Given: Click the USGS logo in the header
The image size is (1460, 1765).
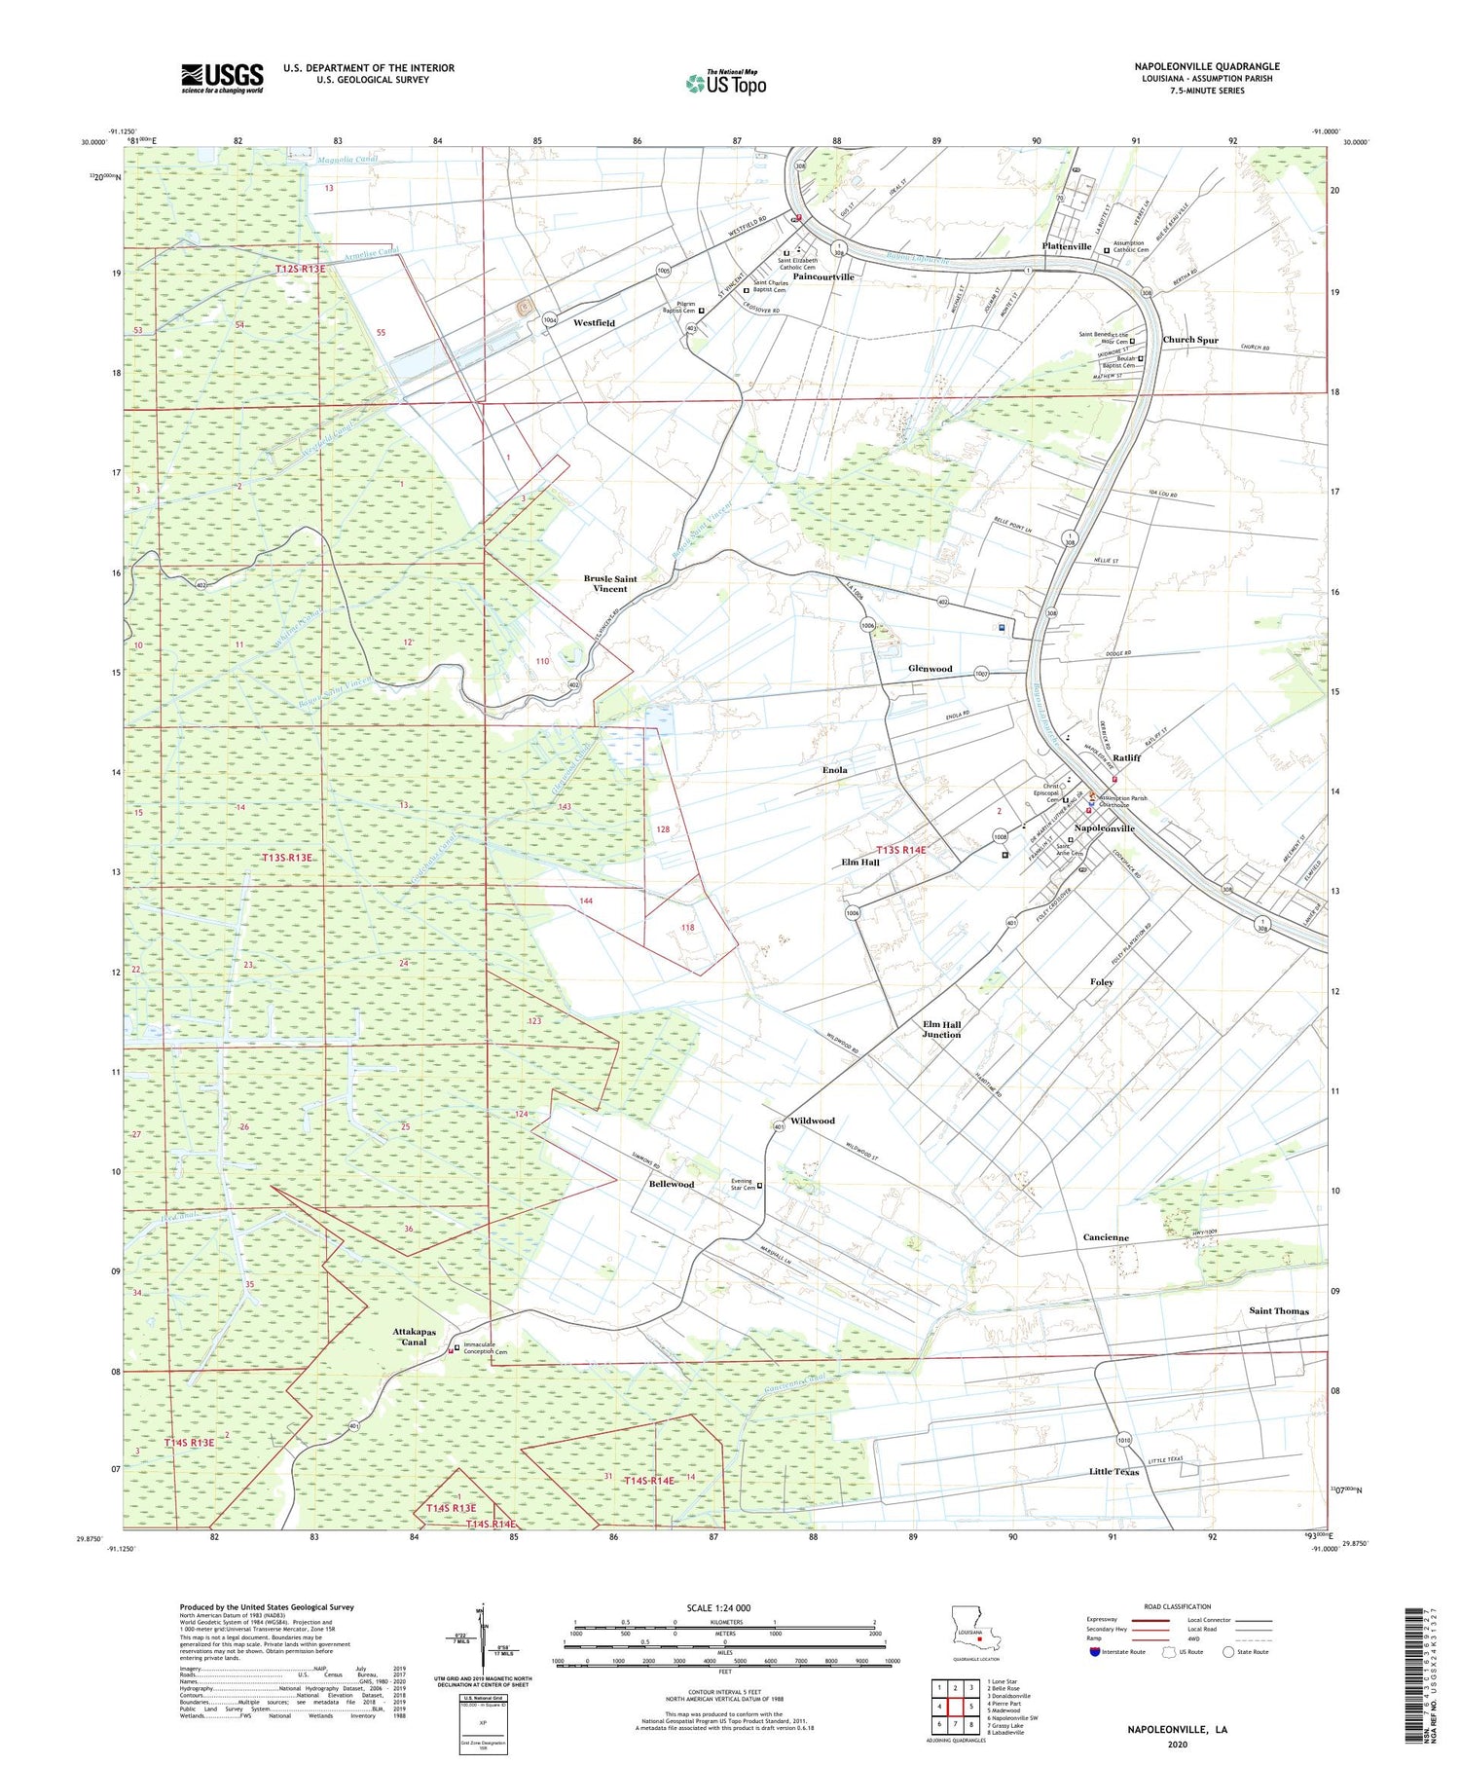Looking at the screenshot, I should pyautogui.click(x=222, y=78).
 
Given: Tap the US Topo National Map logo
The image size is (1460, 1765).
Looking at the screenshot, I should pyautogui.click(x=726, y=83).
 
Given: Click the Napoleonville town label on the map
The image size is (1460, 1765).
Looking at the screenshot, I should pyautogui.click(x=1104, y=828).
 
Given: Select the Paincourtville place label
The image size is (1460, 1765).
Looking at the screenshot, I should pyautogui.click(x=822, y=276).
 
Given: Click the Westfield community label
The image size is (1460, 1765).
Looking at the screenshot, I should pyautogui.click(x=594, y=322).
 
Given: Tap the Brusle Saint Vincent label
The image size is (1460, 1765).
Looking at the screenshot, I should pyautogui.click(x=610, y=583).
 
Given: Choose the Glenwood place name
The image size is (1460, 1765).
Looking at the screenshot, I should pyautogui.click(x=930, y=669).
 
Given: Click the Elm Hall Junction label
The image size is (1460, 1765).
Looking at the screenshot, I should pyautogui.click(x=941, y=1029).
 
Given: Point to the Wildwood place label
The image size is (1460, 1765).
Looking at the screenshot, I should pyautogui.click(x=812, y=1121).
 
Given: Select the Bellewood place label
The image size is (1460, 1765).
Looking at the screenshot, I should pyautogui.click(x=672, y=1184).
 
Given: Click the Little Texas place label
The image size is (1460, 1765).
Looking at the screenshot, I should pyautogui.click(x=1113, y=1472).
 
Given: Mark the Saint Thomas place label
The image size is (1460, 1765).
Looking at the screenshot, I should pyautogui.click(x=1279, y=1310).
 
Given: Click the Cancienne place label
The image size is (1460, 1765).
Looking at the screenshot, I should pyautogui.click(x=1106, y=1237).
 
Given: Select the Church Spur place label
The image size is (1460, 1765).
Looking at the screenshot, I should pyautogui.click(x=1190, y=341).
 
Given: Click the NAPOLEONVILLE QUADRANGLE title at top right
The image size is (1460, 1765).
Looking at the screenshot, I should pyautogui.click(x=1207, y=66).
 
